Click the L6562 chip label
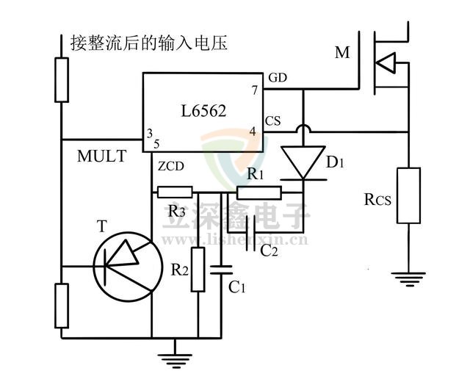pyautogui.click(x=203, y=112)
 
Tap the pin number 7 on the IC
pyautogui.click(x=254, y=90)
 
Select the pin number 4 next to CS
pyautogui.click(x=253, y=131)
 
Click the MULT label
pyautogui.click(x=101, y=156)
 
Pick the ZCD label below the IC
pyautogui.click(x=170, y=167)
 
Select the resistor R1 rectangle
pyautogui.click(x=258, y=193)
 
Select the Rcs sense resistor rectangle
pyautogui.click(x=408, y=195)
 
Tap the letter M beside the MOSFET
pyautogui.click(x=342, y=52)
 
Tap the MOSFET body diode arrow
pyautogui.click(x=385, y=67)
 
